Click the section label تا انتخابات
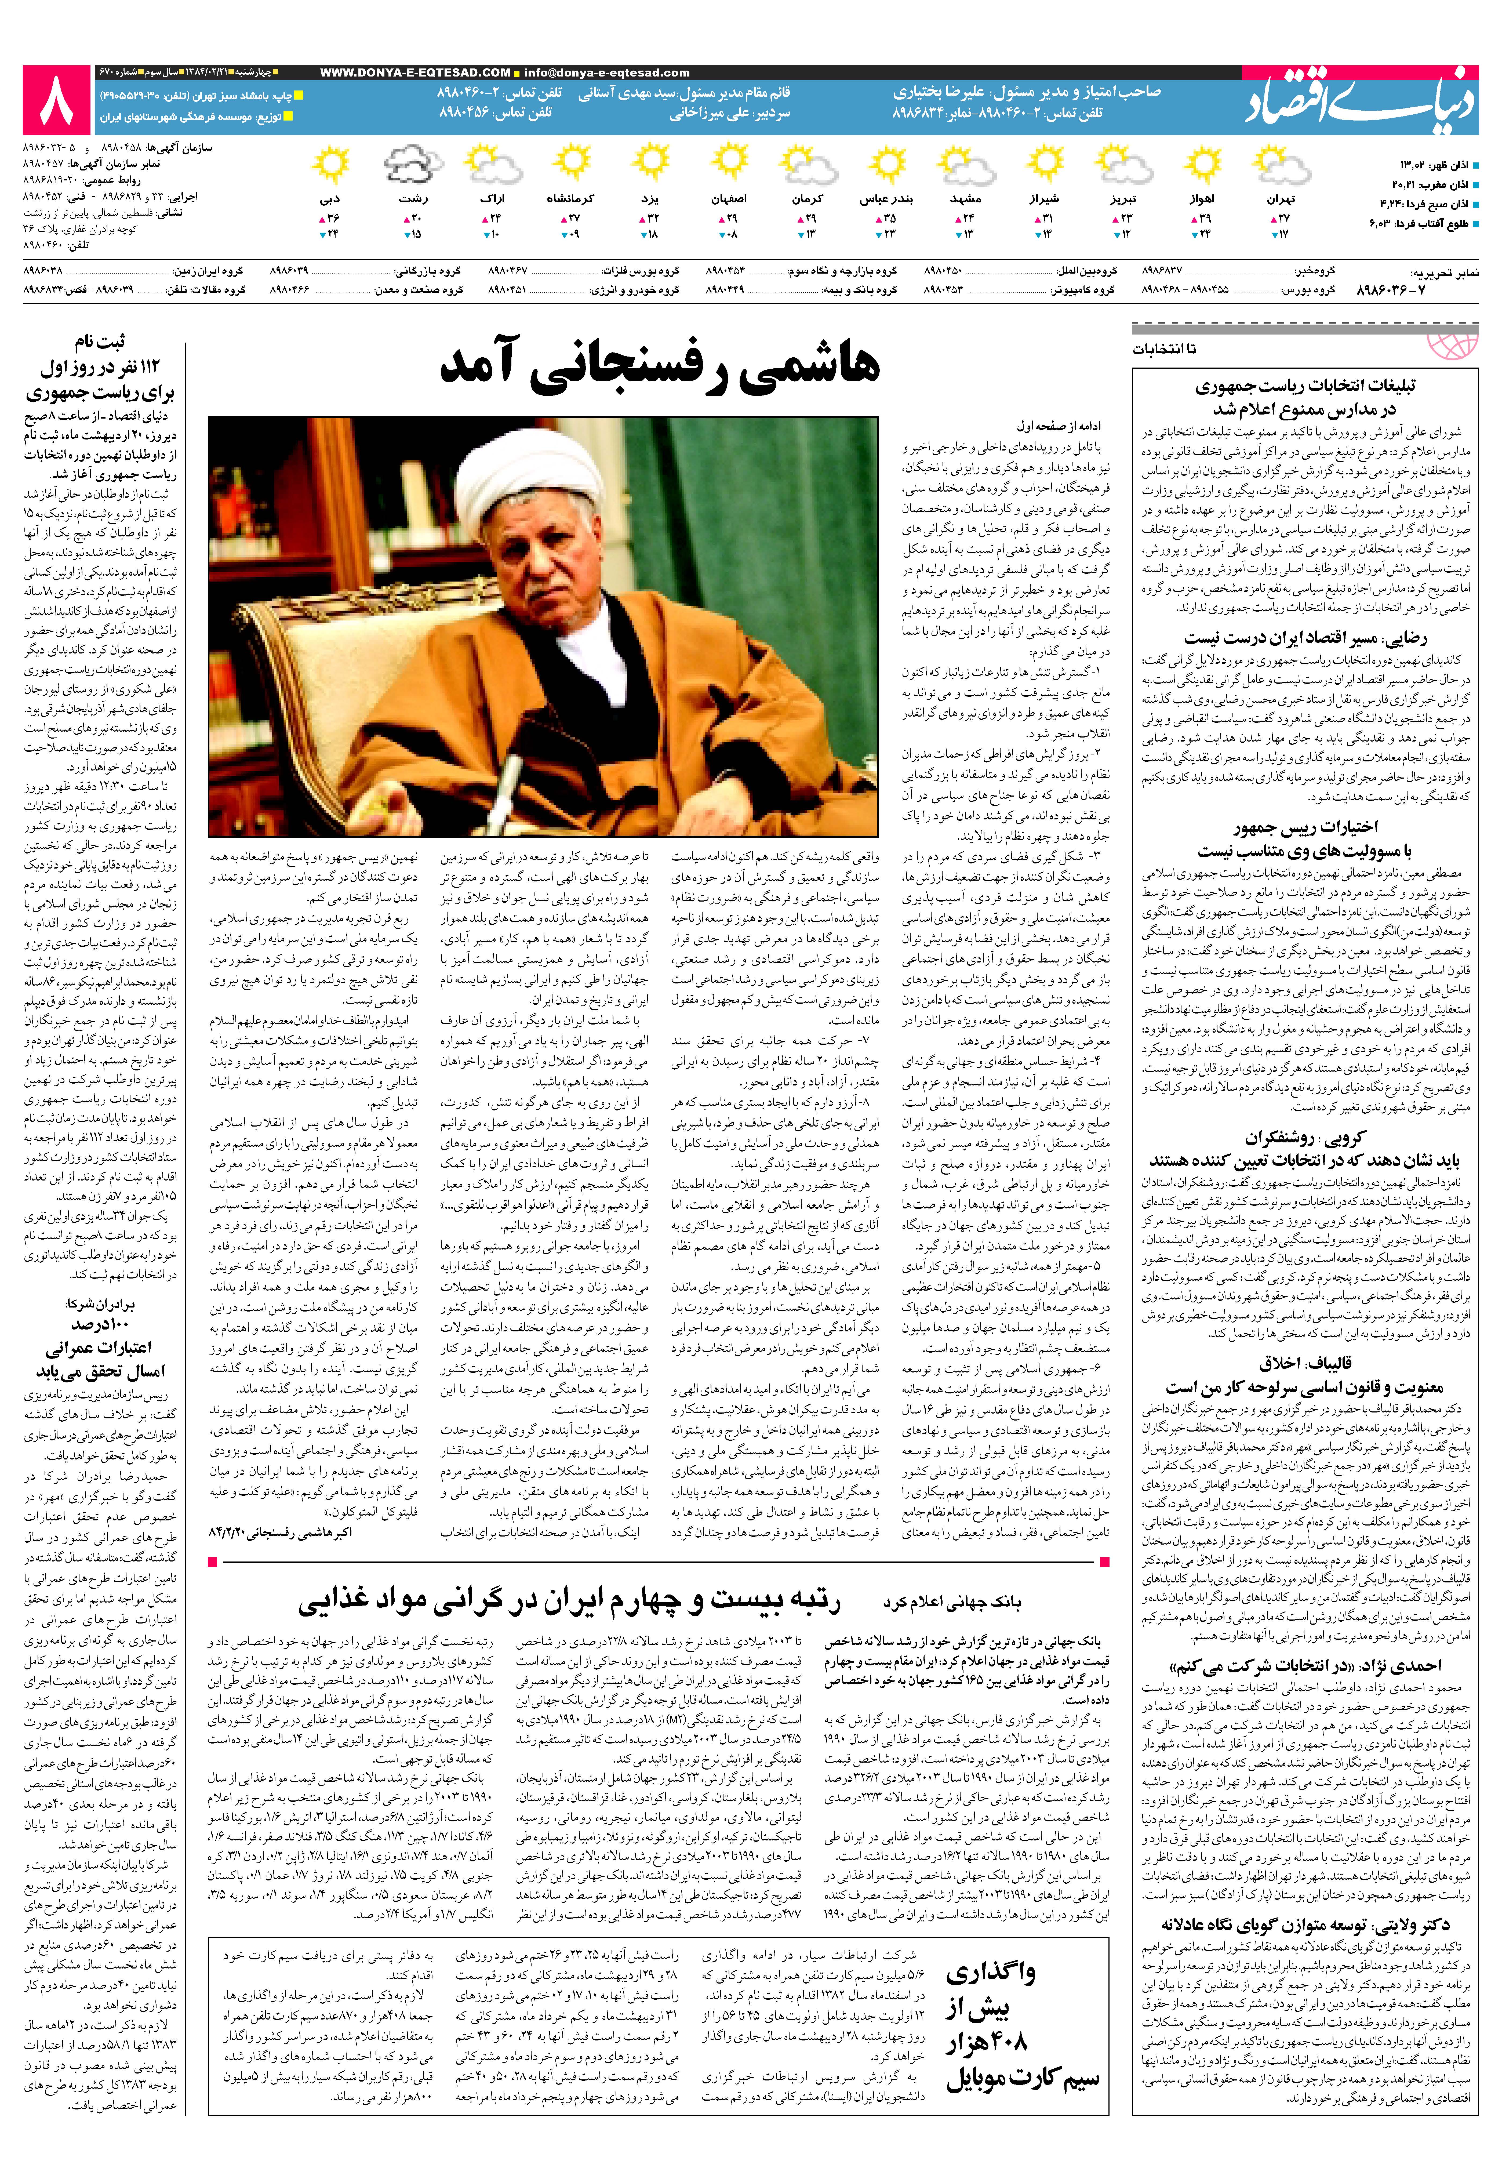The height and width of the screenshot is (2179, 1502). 1165,349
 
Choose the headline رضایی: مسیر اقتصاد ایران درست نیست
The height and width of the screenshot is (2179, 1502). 1304,639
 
